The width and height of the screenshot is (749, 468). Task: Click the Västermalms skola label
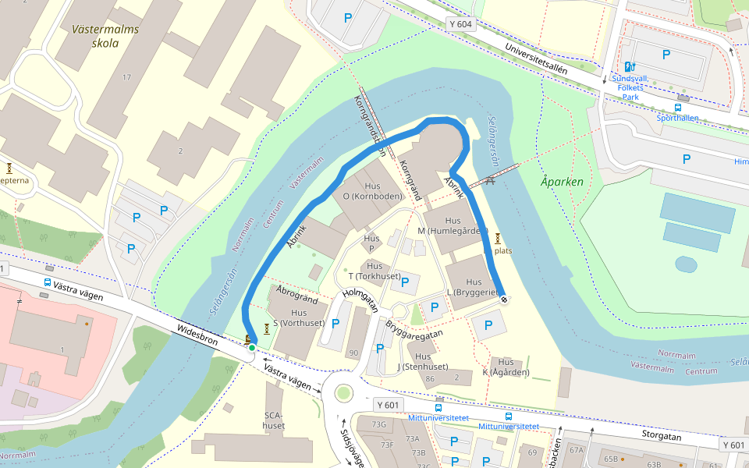click(105, 37)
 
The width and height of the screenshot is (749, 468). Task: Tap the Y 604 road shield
click(461, 25)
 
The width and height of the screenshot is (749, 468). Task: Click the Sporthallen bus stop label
click(677, 118)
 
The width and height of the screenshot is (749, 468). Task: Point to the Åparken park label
click(562, 182)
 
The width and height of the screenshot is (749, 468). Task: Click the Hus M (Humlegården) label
click(453, 226)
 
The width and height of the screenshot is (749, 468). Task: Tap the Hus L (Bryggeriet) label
click(473, 286)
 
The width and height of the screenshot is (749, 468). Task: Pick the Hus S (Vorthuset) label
click(297, 317)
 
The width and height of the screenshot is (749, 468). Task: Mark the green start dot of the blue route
click(251, 348)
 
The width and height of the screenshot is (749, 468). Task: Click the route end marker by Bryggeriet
click(504, 300)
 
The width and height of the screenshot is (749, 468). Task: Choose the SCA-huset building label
click(274, 420)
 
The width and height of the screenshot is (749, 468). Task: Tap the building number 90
click(353, 353)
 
